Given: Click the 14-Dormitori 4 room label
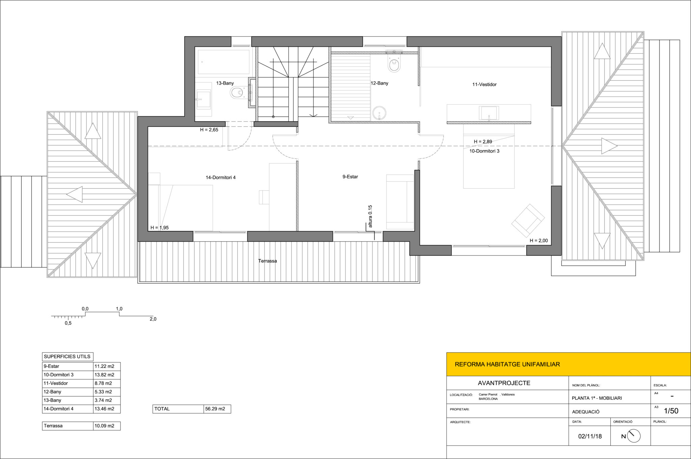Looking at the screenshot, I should pos(221,178).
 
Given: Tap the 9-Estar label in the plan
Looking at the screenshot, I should pos(350,177).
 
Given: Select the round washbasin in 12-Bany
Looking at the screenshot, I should pos(380,113).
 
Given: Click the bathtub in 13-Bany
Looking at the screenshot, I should pos(224,62).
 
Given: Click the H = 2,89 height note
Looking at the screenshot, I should pos(483,142).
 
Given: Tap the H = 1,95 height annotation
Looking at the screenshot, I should pos(160,228).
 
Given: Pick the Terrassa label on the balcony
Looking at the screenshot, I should pos(268,261).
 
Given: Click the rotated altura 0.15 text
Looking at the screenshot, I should pos(370,216).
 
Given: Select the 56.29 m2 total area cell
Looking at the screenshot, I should pos(215,409).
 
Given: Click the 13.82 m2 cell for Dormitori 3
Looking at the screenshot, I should pos(105,375).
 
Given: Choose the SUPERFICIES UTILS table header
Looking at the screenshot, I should pos(67,356).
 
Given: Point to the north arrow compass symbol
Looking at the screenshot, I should pos(634,436).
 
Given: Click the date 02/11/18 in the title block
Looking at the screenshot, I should pos(590,436).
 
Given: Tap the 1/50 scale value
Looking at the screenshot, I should pos(671,411).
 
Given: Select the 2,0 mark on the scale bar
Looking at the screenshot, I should pos(153,319).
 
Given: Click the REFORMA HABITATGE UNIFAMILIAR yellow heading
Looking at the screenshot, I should pos(507,364).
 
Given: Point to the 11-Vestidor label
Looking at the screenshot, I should pos(484,84).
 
